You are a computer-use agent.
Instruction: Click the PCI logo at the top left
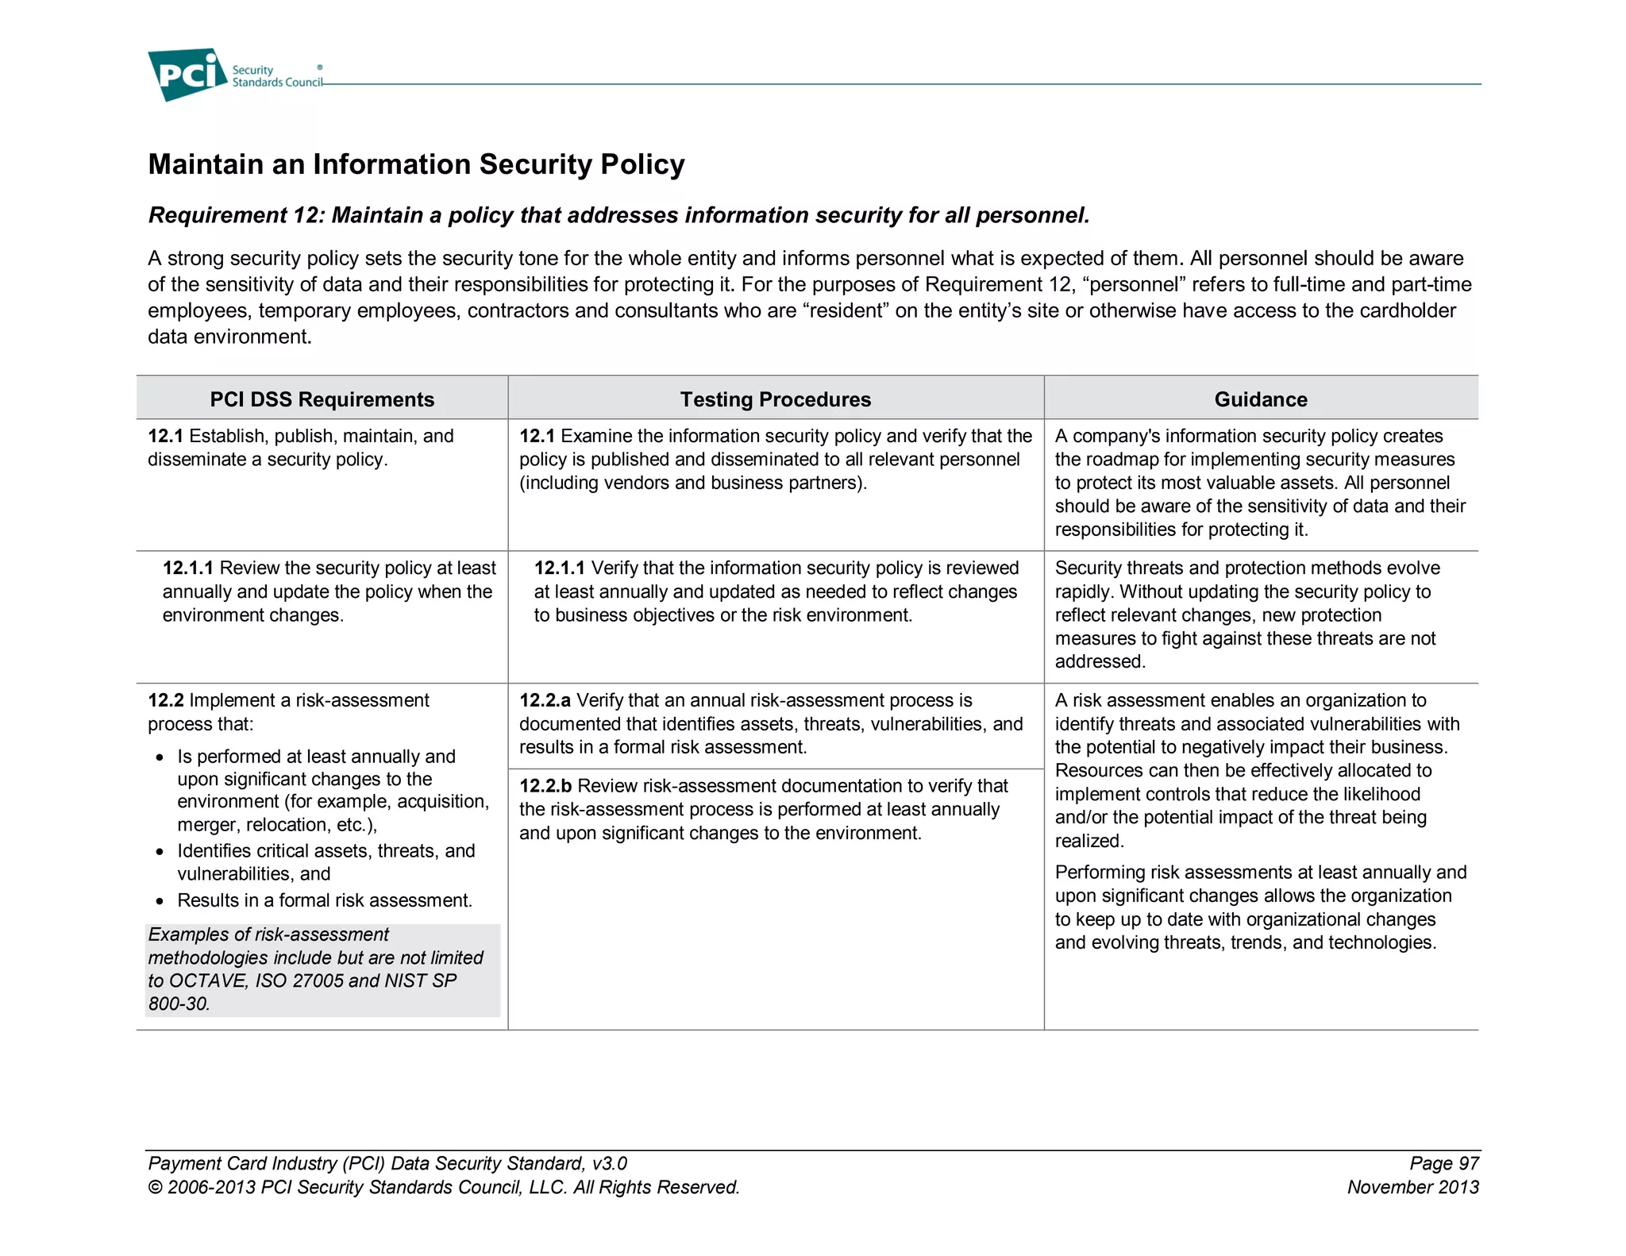pyautogui.click(x=187, y=75)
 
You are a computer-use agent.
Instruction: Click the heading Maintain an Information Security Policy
pyautogui.click(x=416, y=164)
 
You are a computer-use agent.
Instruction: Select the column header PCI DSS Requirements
pyautogui.click(x=322, y=399)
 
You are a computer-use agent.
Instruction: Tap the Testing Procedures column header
pyautogui.click(x=775, y=399)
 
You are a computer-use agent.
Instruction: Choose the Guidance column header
pyautogui.click(x=1260, y=399)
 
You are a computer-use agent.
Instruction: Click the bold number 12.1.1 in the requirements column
pyautogui.click(x=187, y=568)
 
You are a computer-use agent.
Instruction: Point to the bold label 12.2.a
pyautogui.click(x=545, y=700)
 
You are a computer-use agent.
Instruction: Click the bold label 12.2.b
pyautogui.click(x=545, y=786)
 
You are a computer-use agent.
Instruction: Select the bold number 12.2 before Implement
pyautogui.click(x=165, y=700)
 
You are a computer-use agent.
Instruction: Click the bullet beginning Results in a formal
pyautogui.click(x=324, y=900)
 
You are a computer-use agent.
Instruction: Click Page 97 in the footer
pyautogui.click(x=1443, y=1164)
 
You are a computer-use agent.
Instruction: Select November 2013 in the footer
pyautogui.click(x=1412, y=1188)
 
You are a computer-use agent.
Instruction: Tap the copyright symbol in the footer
pyautogui.click(x=155, y=1189)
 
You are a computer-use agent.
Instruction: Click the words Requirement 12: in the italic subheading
pyautogui.click(x=236, y=216)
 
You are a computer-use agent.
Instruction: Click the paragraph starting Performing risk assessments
pyautogui.click(x=1260, y=907)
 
